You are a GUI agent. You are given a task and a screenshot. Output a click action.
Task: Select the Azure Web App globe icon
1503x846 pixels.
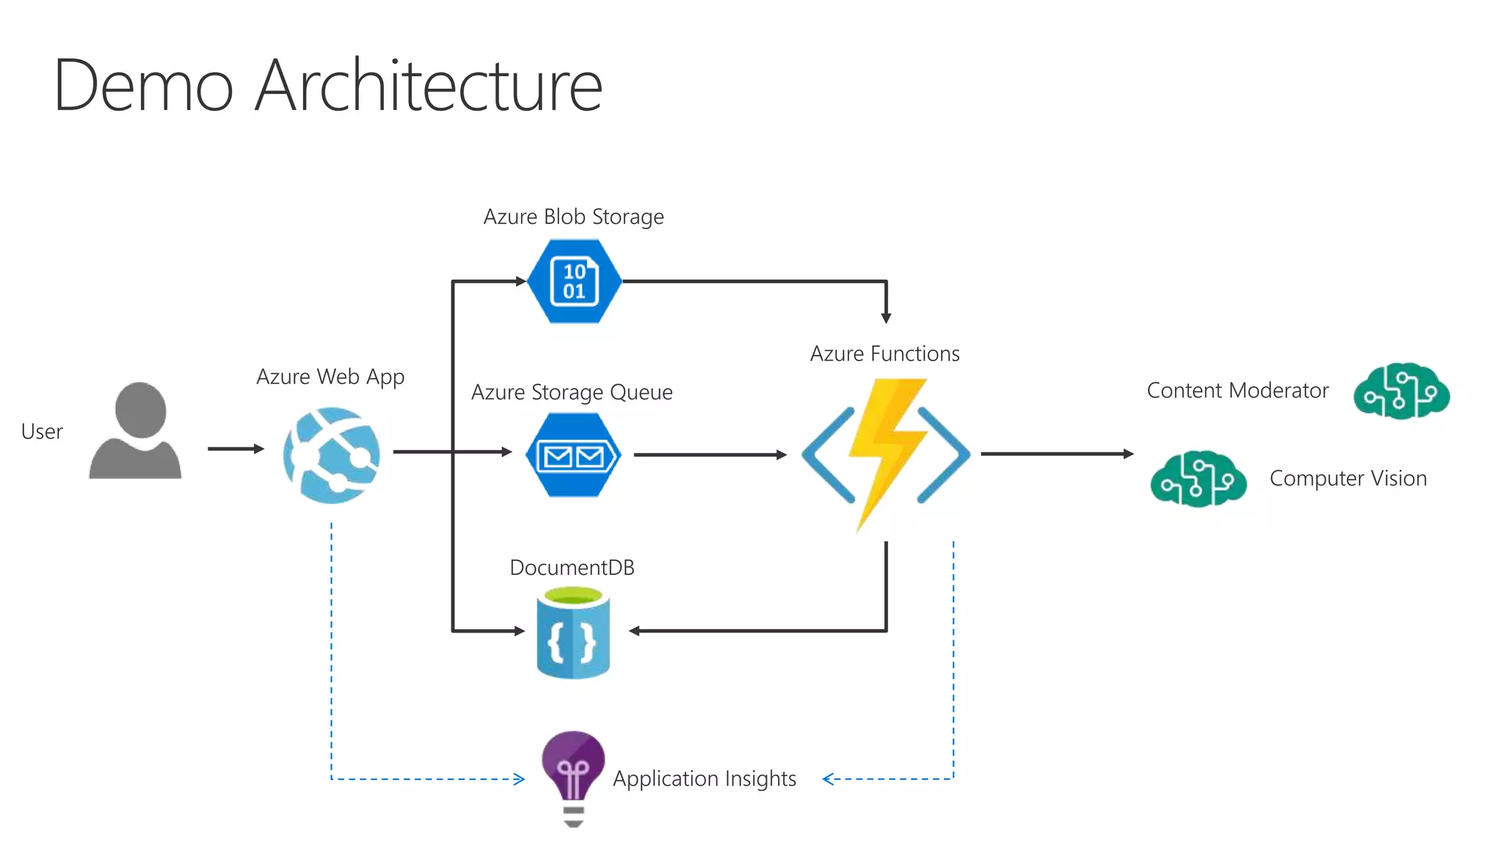click(332, 455)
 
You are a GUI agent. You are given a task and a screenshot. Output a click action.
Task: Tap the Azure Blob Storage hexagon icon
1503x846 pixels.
click(574, 281)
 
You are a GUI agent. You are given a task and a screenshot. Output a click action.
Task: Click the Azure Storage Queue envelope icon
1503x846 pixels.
click(573, 455)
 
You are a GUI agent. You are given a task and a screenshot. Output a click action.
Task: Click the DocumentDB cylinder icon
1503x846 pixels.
click(573, 633)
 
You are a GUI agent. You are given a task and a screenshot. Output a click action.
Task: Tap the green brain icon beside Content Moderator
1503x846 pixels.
click(1401, 391)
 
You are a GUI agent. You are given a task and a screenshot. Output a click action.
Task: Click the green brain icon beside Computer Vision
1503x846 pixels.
click(1198, 479)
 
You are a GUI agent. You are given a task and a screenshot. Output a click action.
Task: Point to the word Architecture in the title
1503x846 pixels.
click(429, 86)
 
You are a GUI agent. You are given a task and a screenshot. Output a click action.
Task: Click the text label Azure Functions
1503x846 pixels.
click(884, 354)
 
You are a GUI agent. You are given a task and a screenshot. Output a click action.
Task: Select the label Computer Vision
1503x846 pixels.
click(1348, 479)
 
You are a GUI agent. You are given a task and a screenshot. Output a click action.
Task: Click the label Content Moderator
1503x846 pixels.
click(1237, 391)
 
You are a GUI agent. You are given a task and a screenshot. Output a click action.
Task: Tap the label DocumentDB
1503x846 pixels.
click(572, 568)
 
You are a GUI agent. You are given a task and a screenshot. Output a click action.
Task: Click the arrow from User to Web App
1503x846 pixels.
click(235, 449)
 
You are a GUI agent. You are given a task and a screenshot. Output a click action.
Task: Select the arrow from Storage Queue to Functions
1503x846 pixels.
click(709, 455)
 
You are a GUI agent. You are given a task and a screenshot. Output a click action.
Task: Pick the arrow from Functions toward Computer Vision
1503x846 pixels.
click(1057, 455)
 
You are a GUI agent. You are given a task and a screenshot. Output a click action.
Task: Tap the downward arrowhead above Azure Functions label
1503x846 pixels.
click(887, 317)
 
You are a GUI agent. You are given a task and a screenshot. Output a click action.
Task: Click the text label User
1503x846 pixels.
click(42, 432)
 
